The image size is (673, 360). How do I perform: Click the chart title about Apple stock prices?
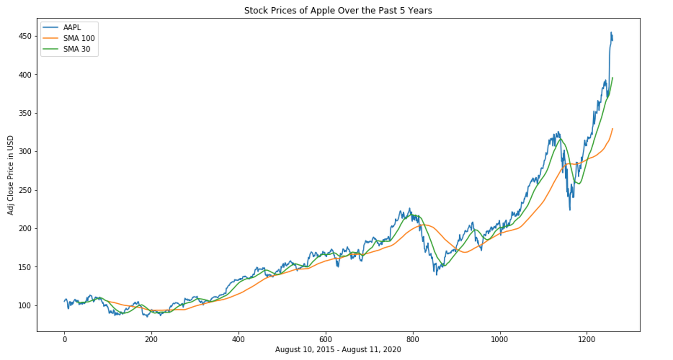click(x=338, y=10)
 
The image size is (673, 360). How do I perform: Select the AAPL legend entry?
click(x=72, y=28)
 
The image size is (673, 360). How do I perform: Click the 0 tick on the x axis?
click(x=64, y=339)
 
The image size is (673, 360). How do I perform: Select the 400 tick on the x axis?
click(x=238, y=339)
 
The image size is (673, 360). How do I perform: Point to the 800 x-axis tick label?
click(x=412, y=339)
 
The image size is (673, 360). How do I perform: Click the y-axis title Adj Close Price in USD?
click(x=10, y=175)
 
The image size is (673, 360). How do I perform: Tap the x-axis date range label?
click(x=338, y=350)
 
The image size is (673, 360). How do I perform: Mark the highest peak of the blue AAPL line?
click(x=611, y=32)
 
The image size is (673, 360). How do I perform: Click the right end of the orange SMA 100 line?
click(x=612, y=129)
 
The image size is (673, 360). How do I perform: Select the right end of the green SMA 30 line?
click(x=612, y=77)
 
